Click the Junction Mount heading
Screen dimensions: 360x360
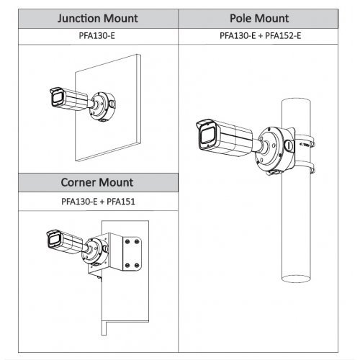pos(98,19)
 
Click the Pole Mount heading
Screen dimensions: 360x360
pos(259,19)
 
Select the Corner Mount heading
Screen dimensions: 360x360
pos(97,182)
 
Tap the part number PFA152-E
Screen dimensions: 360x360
pos(283,36)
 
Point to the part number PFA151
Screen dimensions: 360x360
pos(121,202)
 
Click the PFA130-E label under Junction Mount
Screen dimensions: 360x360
pos(97,36)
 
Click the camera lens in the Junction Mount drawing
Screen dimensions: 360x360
pos(58,99)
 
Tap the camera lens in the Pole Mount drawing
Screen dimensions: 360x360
pos(207,136)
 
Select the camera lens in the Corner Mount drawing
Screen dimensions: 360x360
pos(54,240)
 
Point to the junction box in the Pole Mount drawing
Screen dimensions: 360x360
pos(275,150)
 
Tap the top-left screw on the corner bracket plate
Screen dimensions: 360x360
pos(127,241)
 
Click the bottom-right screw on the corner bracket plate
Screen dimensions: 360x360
pos(137,265)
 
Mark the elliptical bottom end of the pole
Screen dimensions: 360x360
pos(296,279)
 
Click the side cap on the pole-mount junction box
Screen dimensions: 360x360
pos(289,145)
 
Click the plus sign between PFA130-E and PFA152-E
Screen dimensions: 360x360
pos(261,36)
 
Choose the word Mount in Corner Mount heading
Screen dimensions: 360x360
pos(116,182)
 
